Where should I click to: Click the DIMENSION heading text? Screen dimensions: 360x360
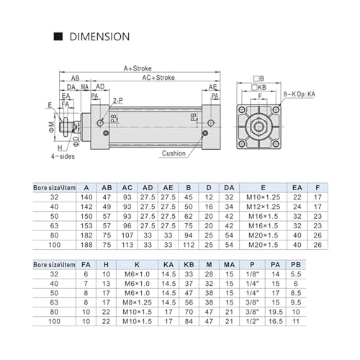[x=99, y=37]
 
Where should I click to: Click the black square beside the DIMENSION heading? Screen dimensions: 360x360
[x=58, y=37]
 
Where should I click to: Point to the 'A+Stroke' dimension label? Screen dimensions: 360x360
[x=138, y=68]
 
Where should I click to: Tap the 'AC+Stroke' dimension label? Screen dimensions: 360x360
[x=158, y=78]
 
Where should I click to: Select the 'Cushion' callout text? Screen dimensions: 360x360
[x=174, y=153]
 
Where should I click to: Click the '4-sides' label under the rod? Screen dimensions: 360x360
[x=63, y=156]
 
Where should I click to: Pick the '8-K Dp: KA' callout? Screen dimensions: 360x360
[x=299, y=94]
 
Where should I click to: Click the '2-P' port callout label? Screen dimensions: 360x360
[x=118, y=101]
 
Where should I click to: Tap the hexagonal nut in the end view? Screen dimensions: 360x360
[x=258, y=127]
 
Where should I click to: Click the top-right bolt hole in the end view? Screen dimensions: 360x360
[x=276, y=110]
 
